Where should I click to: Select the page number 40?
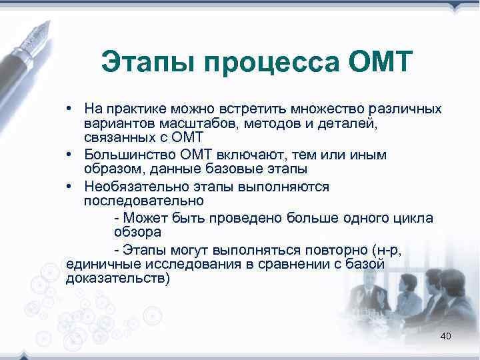coord(446,336)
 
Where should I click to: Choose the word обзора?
coord(137,233)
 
